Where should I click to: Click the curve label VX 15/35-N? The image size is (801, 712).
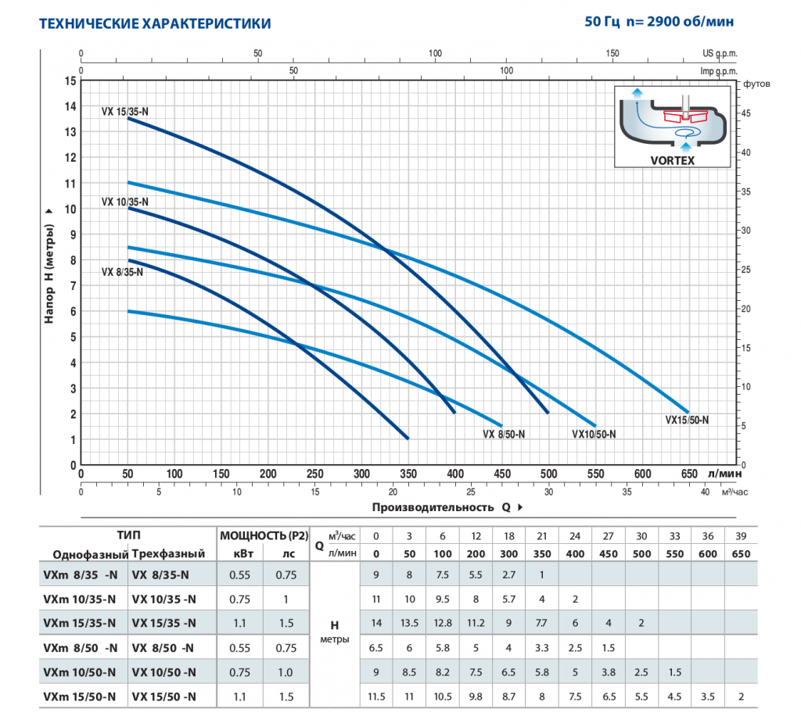[124, 111]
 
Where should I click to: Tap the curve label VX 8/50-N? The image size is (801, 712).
[504, 435]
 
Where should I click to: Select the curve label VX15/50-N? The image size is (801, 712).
[687, 420]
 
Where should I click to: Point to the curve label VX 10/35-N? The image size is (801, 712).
[124, 202]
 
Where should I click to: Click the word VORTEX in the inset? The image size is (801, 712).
[672, 160]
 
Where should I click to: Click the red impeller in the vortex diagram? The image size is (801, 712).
[685, 116]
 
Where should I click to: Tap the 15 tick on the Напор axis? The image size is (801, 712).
[70, 81]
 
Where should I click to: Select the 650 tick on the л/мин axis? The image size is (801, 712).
[689, 474]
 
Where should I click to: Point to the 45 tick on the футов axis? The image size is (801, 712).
[745, 113]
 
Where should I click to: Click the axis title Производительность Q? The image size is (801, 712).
[441, 507]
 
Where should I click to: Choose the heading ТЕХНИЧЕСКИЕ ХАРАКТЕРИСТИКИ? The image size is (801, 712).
[155, 23]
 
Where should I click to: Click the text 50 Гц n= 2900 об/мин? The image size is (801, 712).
[659, 21]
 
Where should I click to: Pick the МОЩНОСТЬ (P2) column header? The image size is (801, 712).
[264, 535]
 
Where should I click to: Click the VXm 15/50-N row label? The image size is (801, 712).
[79, 696]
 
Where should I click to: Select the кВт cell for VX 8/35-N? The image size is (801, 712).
[239, 574]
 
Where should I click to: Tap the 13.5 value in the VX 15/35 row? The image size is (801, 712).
[409, 623]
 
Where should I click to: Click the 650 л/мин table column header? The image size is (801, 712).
[741, 554]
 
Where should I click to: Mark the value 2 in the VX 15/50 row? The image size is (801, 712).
[741, 696]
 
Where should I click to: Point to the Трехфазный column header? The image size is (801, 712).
[168, 554]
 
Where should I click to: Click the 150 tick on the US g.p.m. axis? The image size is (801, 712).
[612, 53]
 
